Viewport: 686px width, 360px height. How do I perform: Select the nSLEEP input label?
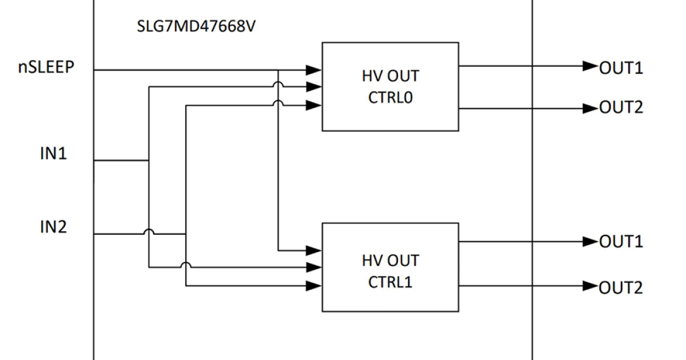pos(45,67)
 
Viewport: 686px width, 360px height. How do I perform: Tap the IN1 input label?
pos(53,154)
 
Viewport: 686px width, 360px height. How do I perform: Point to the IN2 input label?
pos(53,227)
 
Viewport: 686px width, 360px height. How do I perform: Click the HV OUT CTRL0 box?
pos(390,86)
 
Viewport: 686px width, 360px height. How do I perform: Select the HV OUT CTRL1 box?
pos(390,267)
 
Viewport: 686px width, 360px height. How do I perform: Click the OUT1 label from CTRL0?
pos(621,67)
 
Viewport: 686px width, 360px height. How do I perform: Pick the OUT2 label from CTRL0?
pos(621,107)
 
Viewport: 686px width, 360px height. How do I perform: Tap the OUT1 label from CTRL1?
pos(621,242)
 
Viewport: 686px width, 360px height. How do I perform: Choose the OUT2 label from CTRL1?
pos(621,287)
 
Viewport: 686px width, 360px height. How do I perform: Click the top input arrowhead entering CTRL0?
pos(313,70)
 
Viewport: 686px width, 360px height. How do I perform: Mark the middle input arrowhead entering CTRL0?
pos(313,87)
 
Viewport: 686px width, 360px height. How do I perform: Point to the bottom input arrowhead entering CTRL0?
pos(313,105)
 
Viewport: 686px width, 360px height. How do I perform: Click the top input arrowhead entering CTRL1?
pos(313,250)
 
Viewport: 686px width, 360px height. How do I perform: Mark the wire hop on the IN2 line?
pos(148,231)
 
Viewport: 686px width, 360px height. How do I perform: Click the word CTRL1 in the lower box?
pos(390,282)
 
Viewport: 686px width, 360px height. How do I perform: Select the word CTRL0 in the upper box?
pos(390,97)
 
